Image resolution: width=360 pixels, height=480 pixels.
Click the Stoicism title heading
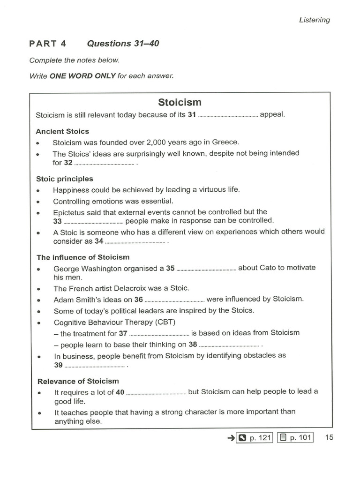click(180, 102)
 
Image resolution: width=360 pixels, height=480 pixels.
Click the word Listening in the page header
click(314, 20)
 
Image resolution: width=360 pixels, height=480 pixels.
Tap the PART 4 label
click(48, 44)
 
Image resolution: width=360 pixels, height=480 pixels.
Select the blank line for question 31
click(228, 116)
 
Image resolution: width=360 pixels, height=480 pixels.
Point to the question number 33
click(57, 221)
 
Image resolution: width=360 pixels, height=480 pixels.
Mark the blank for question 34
click(135, 243)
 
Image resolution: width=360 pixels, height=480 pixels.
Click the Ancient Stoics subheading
click(62, 131)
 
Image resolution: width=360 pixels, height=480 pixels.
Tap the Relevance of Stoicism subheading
click(77, 381)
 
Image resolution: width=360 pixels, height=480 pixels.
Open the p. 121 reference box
click(254, 438)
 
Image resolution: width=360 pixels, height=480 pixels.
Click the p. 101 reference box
click(294, 438)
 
